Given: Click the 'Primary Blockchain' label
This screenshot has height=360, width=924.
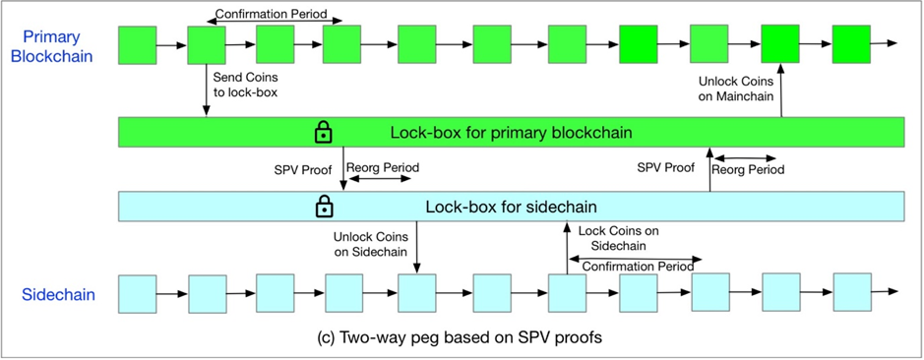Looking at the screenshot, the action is coord(51,46).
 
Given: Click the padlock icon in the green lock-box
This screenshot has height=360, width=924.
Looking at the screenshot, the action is coord(324,132).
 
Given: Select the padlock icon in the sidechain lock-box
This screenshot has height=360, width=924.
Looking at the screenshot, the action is coord(324,206).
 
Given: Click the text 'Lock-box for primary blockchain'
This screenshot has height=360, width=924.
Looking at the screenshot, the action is coord(511,133).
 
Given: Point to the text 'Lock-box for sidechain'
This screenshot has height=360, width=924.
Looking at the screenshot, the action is coord(512,207).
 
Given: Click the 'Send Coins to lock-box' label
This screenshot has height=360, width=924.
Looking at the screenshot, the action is coord(245,85).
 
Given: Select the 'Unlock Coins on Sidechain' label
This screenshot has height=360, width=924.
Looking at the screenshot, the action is coord(369,244).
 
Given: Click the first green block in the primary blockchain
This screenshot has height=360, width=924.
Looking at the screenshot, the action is coord(138,45).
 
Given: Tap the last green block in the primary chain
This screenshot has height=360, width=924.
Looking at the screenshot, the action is coord(851,44).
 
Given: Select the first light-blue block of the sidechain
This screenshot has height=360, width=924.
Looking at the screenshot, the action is coord(138,293).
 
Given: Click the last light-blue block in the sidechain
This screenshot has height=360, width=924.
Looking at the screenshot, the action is coord(852,292).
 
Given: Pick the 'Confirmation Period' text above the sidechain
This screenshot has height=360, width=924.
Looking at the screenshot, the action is coord(638,267).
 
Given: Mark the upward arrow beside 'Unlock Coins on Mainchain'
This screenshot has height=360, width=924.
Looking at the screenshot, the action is coord(780,90).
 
